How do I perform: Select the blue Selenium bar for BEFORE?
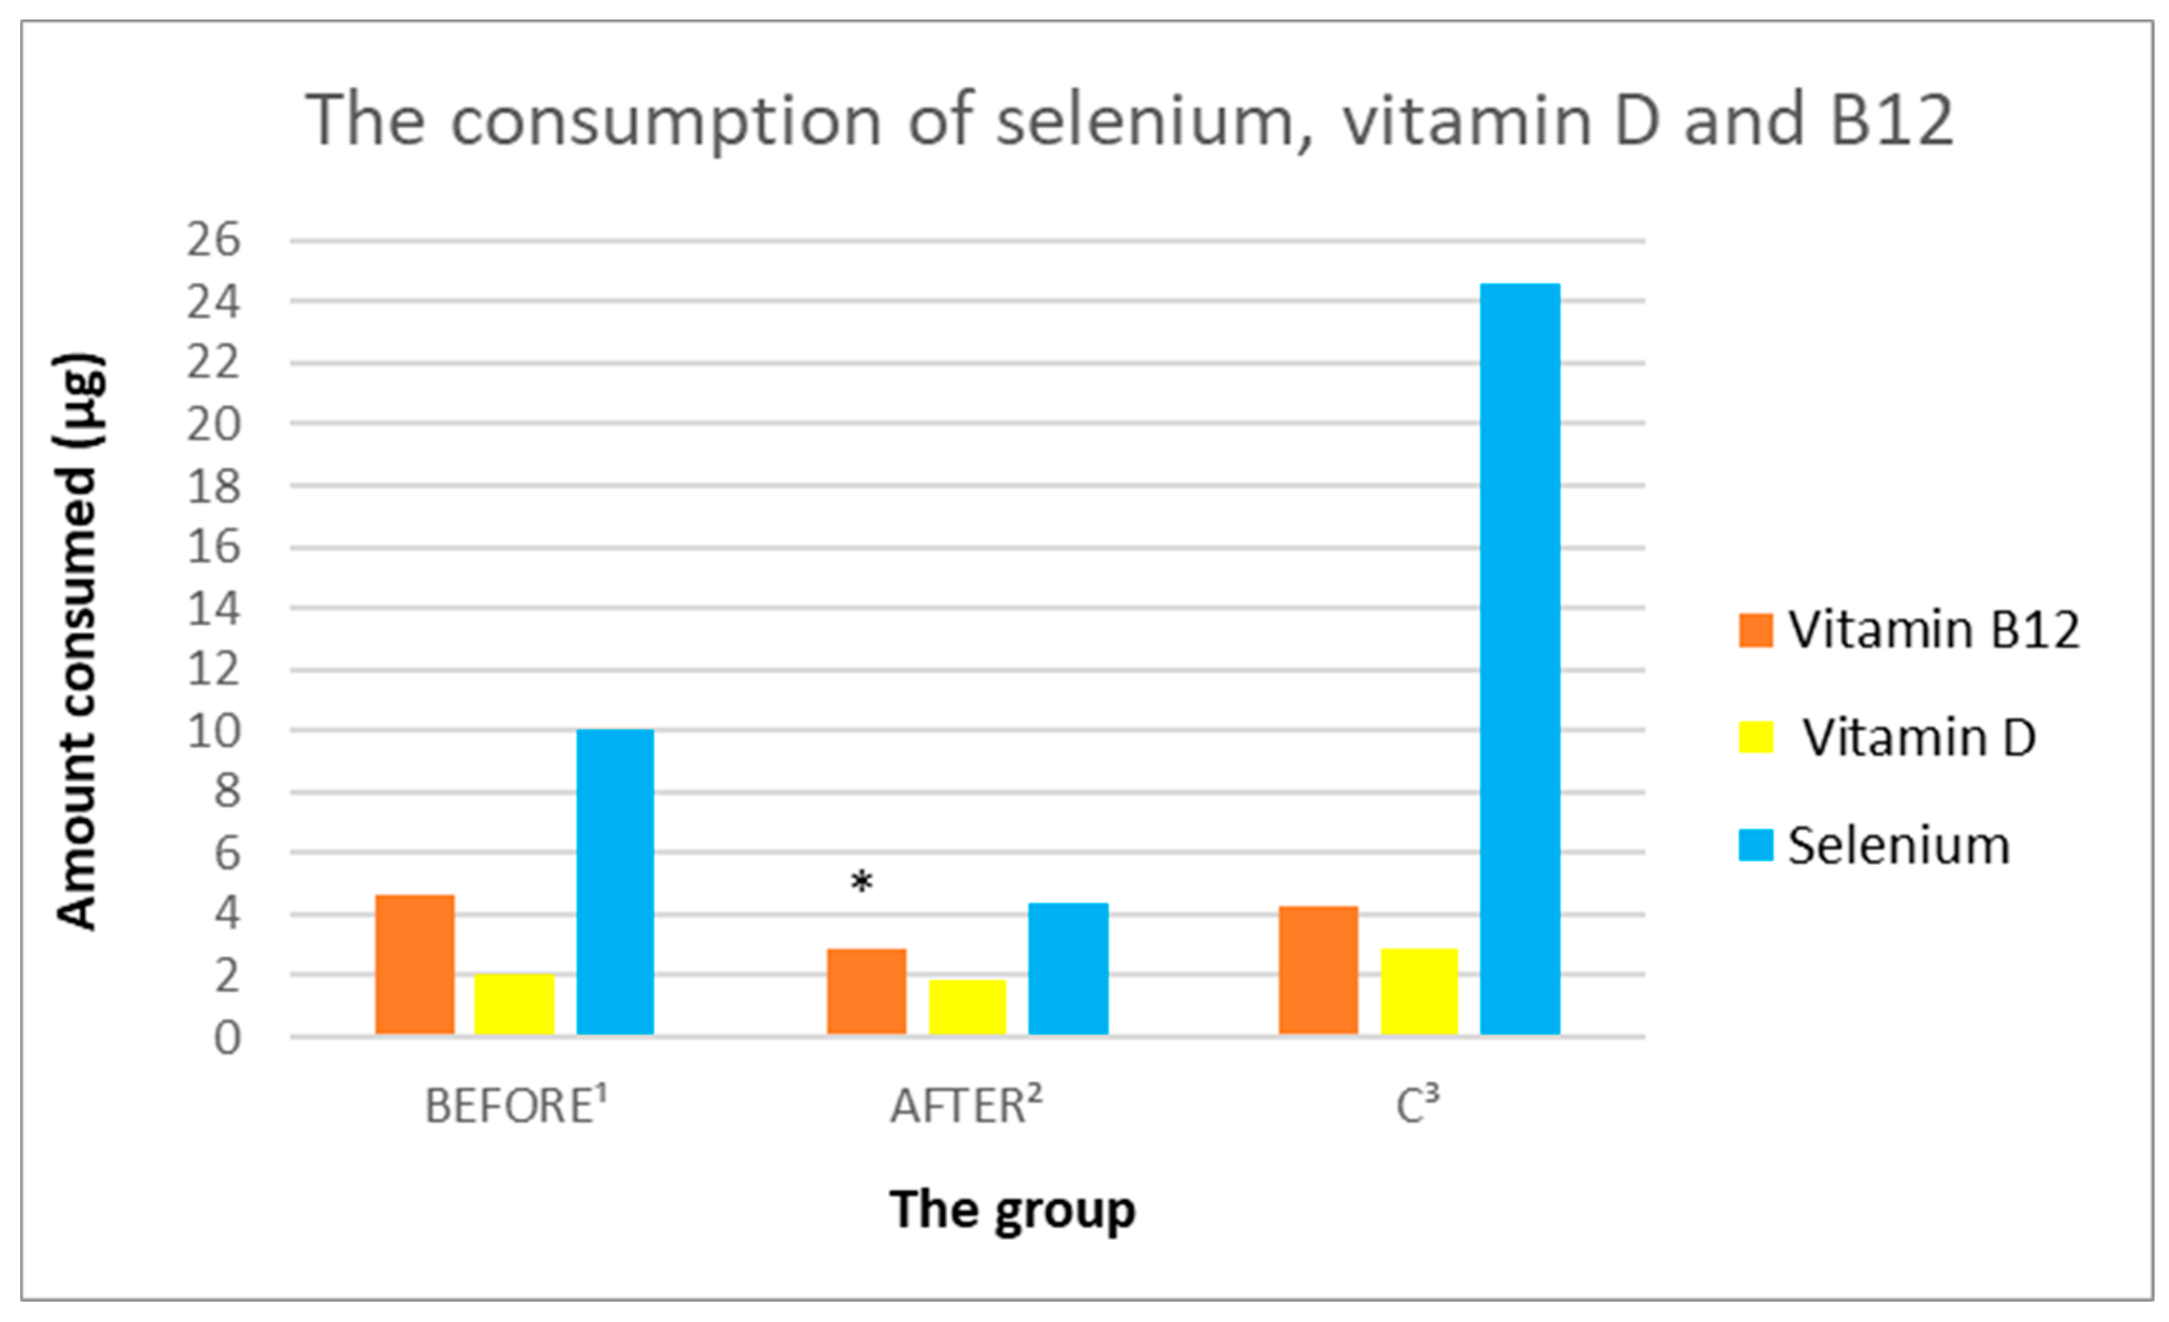click(x=614, y=881)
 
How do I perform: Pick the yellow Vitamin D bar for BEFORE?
click(x=514, y=1003)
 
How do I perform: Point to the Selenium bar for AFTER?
click(x=1068, y=968)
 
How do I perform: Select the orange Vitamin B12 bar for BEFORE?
click(x=415, y=964)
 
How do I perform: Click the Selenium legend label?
click(x=1899, y=846)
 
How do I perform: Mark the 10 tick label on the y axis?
click(x=213, y=731)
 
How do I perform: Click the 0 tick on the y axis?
click(x=226, y=1039)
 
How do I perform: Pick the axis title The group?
click(x=1012, y=1211)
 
